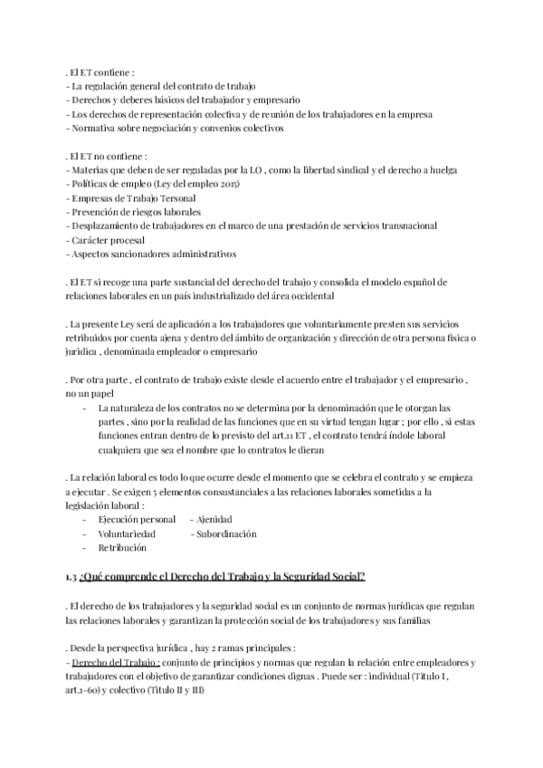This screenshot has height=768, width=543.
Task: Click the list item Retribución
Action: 121,548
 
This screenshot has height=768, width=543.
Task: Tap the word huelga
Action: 438,168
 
